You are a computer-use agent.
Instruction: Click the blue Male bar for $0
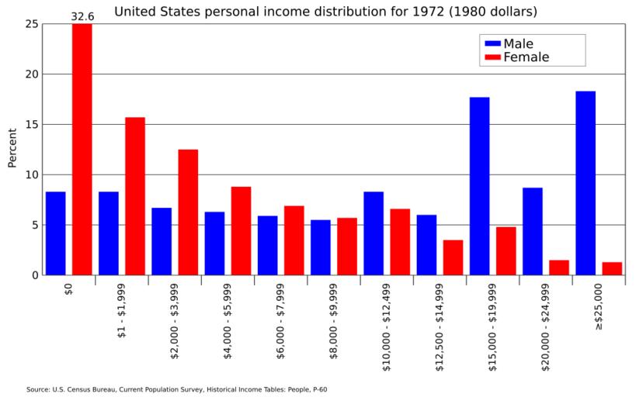[x=55, y=233]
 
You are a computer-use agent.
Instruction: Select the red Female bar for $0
[x=82, y=149]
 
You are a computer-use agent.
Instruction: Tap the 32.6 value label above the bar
[x=82, y=16]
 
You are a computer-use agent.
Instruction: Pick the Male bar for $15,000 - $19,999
[x=479, y=185]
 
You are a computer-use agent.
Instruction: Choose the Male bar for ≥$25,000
[x=586, y=183]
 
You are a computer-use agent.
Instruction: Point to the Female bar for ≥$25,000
[x=612, y=268]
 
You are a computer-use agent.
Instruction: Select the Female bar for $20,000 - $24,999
[x=559, y=268]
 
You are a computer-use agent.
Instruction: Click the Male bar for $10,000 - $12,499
[x=374, y=233]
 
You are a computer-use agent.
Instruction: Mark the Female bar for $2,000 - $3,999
[x=188, y=212]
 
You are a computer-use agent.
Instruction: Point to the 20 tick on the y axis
[x=31, y=74]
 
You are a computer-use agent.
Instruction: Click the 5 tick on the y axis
[x=34, y=225]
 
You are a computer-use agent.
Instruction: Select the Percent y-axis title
[x=12, y=148]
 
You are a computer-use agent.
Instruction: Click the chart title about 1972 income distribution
[x=326, y=12]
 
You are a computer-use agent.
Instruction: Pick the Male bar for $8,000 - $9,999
[x=321, y=247]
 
